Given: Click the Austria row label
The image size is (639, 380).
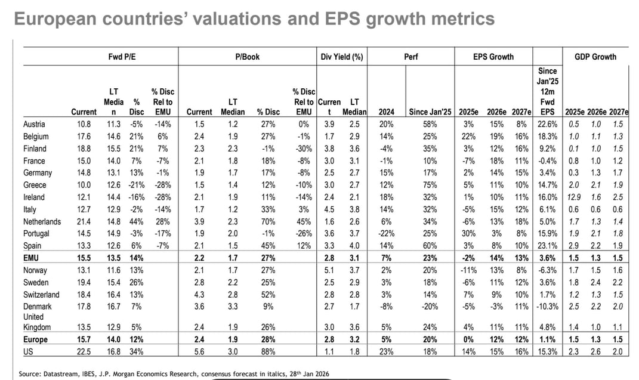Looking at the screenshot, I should point(33,124).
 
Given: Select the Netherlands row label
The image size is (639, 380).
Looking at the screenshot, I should point(42,221).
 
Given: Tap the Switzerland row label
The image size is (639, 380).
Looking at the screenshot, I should point(41,294).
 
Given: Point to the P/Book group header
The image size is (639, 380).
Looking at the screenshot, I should point(246,57).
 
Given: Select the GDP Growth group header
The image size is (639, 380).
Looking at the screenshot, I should point(595,57).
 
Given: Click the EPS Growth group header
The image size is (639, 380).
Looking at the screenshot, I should point(493,57).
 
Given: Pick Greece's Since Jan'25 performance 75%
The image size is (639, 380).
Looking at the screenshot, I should point(428,185).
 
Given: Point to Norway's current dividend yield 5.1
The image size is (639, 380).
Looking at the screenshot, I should point(328,270).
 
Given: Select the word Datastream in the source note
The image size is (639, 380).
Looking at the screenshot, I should point(62,373).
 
